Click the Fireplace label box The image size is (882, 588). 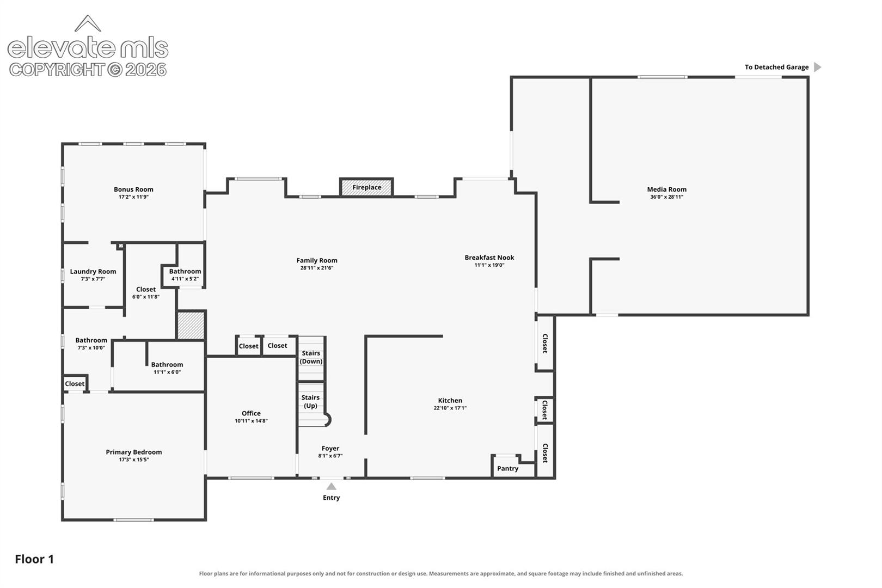[x=366, y=187]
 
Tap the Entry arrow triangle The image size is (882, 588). [x=332, y=486]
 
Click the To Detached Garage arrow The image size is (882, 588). [x=818, y=67]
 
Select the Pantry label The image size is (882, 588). [x=507, y=468]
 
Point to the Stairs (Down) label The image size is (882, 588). [x=311, y=357]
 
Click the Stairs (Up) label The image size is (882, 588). [x=311, y=402]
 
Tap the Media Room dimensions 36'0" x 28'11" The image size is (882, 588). [x=666, y=197]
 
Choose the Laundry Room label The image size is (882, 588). [x=93, y=271]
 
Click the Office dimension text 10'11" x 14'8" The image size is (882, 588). [x=251, y=421]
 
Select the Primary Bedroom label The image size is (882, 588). [x=134, y=452]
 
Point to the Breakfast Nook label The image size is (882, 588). [x=489, y=258]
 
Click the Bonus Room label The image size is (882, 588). [x=133, y=189]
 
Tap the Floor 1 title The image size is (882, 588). [x=34, y=559]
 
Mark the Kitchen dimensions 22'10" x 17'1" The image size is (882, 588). [x=450, y=408]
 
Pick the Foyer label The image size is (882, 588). [x=330, y=448]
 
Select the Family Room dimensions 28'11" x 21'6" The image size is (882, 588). [x=317, y=268]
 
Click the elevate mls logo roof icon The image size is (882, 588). [x=88, y=23]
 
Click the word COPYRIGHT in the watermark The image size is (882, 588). [x=58, y=70]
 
